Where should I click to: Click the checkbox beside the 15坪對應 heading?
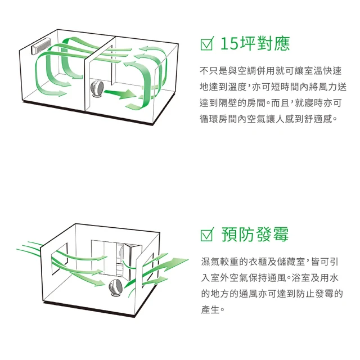tap(207, 44)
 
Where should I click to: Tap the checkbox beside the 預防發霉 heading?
tap(207, 235)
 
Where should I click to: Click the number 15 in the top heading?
tap(229, 44)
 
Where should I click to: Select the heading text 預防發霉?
tap(255, 235)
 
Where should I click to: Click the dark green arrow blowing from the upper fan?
tap(120, 93)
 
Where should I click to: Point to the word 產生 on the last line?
tap(210, 310)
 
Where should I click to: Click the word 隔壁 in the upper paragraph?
tap(228, 103)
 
